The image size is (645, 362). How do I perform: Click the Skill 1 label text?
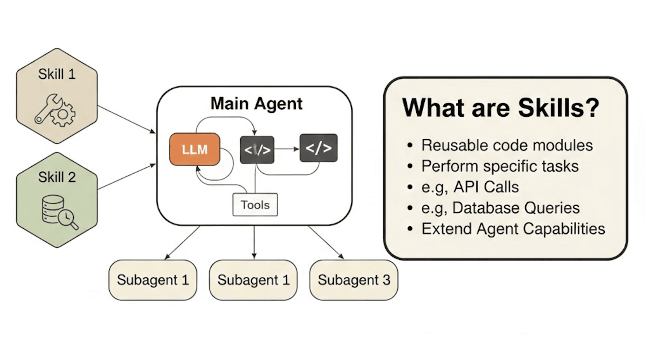coord(57,74)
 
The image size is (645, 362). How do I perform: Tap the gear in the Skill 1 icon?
coord(63,114)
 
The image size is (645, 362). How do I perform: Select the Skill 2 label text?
coord(57,177)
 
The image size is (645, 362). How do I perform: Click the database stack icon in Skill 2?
coord(52,209)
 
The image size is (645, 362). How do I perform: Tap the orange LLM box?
coord(195,149)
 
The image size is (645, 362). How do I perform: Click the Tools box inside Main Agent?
coord(255,205)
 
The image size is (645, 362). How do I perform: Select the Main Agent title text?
coord(256,103)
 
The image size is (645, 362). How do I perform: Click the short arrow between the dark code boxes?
coord(286,149)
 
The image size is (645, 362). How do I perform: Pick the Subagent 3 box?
coord(354,280)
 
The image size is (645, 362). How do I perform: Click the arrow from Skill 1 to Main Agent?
coord(126,119)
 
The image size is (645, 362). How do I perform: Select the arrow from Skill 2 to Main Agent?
coord(126,177)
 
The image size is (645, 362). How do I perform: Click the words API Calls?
coord(486,187)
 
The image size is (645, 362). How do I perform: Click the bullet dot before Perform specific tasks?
coord(410,167)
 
